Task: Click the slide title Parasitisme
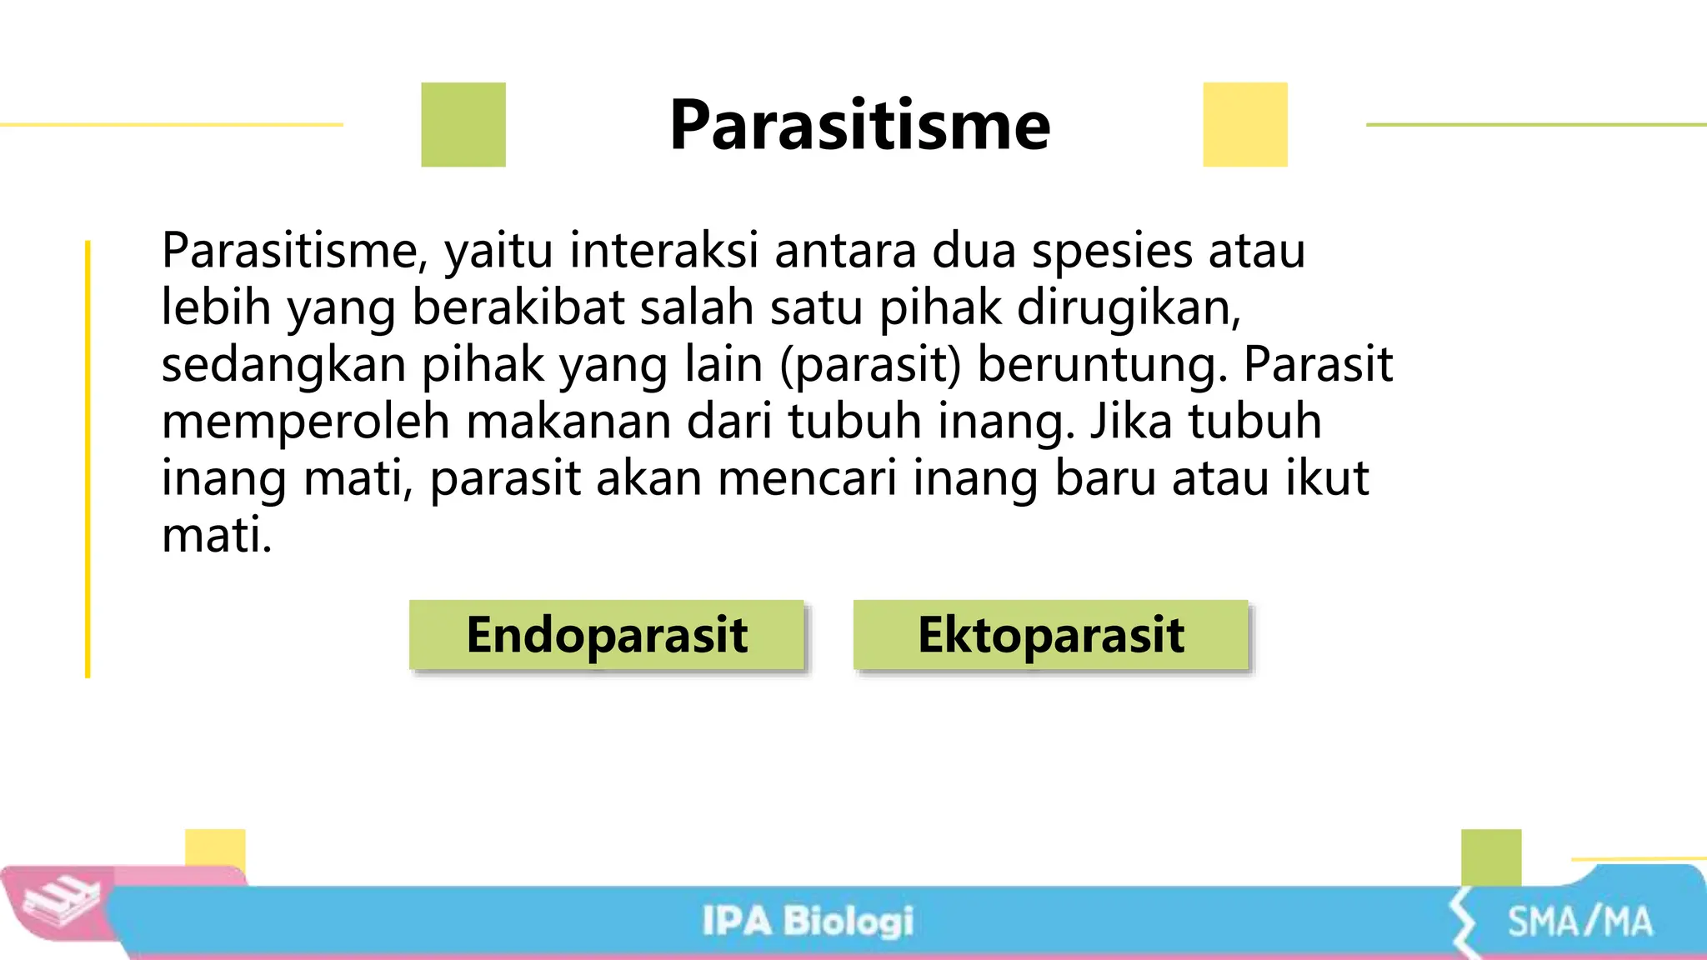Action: (859, 125)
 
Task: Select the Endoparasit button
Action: (606, 635)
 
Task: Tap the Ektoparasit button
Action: (1050, 635)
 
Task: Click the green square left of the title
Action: (463, 125)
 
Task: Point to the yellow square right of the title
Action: (1244, 125)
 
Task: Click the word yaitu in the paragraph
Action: (498, 251)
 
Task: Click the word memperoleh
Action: (305, 422)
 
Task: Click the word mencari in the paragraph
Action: (807, 478)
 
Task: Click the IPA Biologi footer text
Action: (807, 922)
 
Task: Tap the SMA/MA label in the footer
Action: (1579, 922)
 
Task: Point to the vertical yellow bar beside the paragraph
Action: (88, 458)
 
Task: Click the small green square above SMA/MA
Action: (1491, 857)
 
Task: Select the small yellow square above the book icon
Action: (215, 848)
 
